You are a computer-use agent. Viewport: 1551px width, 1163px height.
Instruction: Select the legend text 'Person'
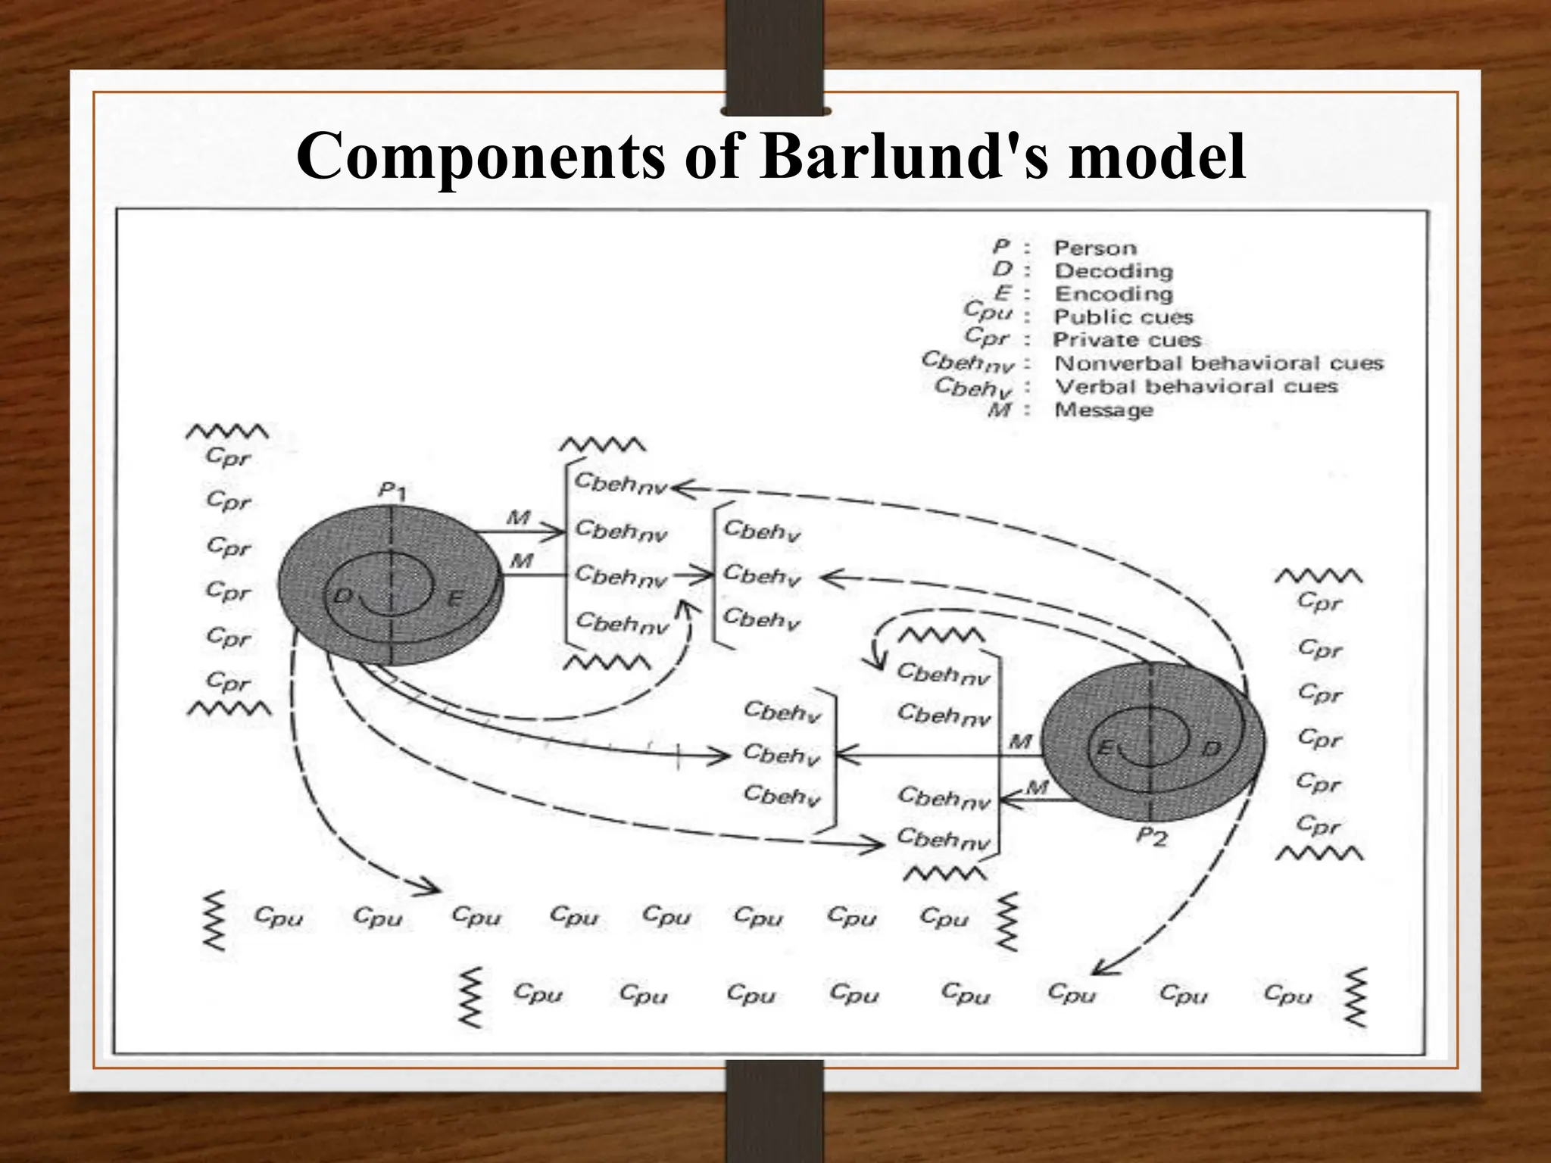point(1095,248)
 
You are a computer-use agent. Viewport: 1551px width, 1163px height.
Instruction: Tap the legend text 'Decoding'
point(1113,271)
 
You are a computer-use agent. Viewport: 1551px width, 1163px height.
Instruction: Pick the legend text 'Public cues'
point(1123,317)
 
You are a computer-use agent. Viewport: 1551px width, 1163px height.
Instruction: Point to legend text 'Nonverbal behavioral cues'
point(1219,363)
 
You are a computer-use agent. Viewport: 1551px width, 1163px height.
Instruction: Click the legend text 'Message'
point(1103,410)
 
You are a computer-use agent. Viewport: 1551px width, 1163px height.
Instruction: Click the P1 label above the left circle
point(392,492)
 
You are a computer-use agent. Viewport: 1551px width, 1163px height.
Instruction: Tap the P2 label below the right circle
point(1152,837)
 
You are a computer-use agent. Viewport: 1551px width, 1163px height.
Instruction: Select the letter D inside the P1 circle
point(343,597)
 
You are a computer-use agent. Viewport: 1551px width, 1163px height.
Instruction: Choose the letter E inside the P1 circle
point(454,599)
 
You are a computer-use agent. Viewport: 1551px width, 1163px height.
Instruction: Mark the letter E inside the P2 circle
point(1104,749)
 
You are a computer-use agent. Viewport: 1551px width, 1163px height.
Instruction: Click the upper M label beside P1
point(518,518)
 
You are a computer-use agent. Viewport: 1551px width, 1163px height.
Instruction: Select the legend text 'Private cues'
point(1127,340)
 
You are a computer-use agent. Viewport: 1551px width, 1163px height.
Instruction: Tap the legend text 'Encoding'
point(1113,294)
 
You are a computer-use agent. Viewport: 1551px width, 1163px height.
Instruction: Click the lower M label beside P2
point(1037,788)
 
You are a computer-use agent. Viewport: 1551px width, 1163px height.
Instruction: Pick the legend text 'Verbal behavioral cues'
point(1196,387)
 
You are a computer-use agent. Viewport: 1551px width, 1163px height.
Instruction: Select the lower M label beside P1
point(521,561)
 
